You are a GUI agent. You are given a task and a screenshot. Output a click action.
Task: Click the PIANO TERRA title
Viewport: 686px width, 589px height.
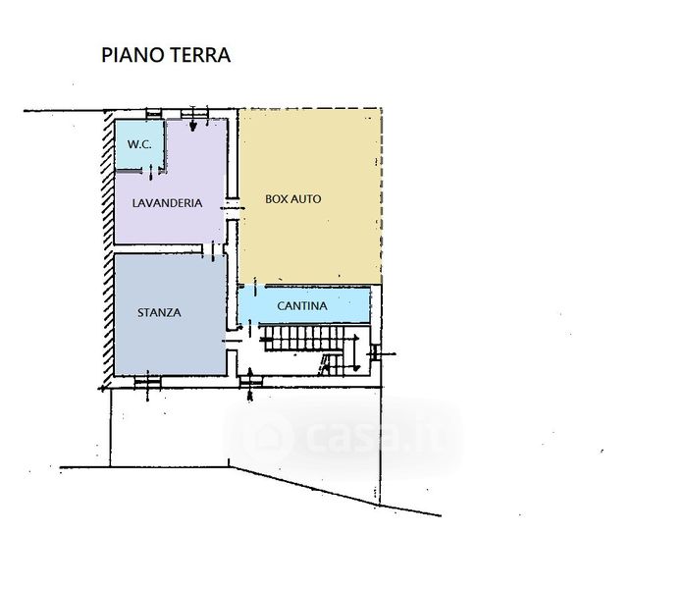click(166, 55)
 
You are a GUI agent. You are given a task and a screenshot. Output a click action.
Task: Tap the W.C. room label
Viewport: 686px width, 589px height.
click(139, 144)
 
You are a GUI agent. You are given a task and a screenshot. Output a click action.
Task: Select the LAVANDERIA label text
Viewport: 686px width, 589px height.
click(167, 203)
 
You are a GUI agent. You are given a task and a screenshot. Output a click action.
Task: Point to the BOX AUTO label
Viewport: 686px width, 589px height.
click(293, 199)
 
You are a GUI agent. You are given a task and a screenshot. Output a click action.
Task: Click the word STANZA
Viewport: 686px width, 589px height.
click(159, 312)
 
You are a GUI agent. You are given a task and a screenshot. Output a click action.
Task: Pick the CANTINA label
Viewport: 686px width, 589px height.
click(302, 306)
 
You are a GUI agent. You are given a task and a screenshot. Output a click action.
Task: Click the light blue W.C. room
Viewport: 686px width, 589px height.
click(139, 144)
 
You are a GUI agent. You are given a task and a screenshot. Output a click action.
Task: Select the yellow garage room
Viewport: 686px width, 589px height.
click(310, 196)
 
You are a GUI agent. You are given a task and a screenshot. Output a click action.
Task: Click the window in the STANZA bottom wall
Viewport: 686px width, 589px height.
click(147, 382)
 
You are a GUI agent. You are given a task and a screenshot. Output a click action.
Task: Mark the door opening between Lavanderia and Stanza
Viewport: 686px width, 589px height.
click(213, 249)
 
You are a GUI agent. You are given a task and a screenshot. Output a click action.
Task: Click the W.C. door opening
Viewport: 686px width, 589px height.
click(151, 170)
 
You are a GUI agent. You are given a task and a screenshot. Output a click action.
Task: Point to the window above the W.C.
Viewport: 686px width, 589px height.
click(153, 114)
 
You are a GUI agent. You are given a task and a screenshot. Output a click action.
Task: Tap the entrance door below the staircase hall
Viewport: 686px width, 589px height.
click(250, 382)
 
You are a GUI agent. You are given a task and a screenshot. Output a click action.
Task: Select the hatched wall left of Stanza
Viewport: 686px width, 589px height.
click(108, 249)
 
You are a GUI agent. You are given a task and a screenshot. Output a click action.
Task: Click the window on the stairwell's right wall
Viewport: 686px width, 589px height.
click(375, 352)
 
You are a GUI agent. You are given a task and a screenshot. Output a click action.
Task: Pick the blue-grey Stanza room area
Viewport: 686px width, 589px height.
click(170, 314)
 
